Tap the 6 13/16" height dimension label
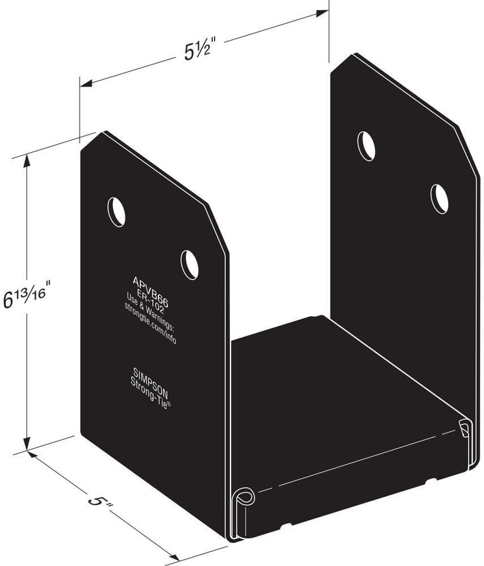pos(29,294)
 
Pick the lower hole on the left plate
pos(189,265)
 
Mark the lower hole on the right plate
pos(439,199)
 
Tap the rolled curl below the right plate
pos(465,429)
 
